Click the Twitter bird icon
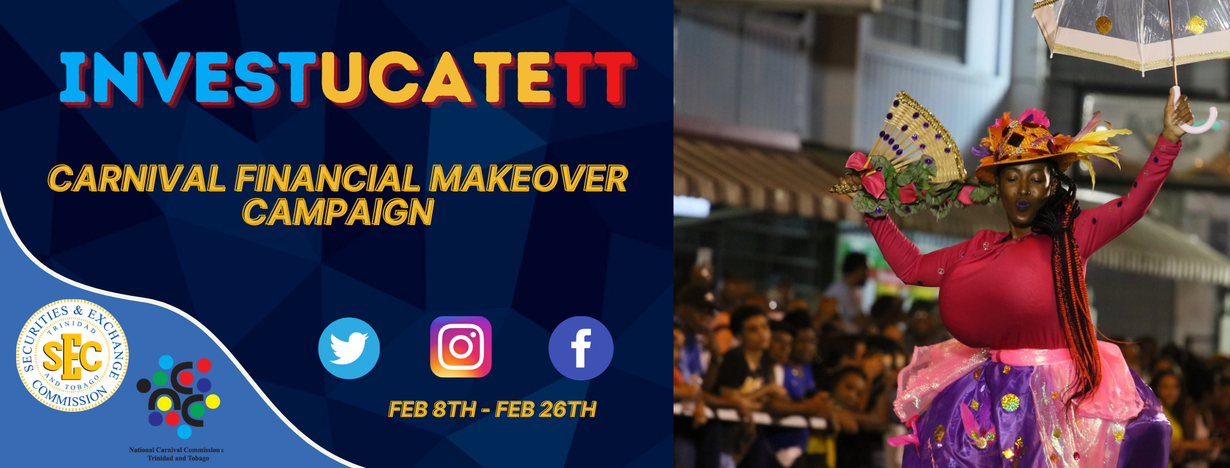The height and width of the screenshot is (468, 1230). click(x=349, y=348)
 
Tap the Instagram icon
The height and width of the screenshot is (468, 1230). click(x=461, y=347)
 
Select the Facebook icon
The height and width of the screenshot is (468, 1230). click(x=581, y=348)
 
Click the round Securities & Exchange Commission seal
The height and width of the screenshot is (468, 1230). click(x=72, y=355)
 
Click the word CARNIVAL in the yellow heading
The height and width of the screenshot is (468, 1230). click(x=137, y=179)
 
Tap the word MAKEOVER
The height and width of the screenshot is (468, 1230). click(x=529, y=179)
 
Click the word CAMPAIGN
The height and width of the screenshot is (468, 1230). click(x=338, y=212)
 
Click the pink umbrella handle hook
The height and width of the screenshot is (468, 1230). click(x=1194, y=114)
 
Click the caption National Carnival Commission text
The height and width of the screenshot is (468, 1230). click(x=176, y=454)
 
